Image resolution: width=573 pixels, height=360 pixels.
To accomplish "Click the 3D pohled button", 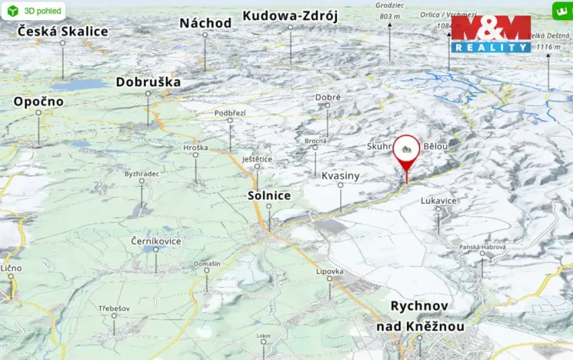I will pyautogui.click(x=32, y=12).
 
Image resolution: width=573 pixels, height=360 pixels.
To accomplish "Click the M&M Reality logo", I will pyautogui.click(x=491, y=34).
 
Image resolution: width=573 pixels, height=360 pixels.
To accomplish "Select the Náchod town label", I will pyautogui.click(x=205, y=23).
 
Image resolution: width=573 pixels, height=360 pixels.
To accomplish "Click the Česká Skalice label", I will pyautogui.click(x=63, y=32).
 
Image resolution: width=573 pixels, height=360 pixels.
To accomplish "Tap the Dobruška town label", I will pyautogui.click(x=148, y=82).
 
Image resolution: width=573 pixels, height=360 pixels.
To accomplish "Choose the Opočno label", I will pyautogui.click(x=38, y=102).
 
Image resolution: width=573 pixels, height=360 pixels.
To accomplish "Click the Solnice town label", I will pyautogui.click(x=269, y=195).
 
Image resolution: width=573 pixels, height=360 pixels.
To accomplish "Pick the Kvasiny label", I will pyautogui.click(x=340, y=176).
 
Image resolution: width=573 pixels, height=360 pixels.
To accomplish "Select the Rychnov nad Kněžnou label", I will pyautogui.click(x=419, y=316).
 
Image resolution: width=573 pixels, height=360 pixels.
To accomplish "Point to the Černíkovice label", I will pyautogui.click(x=156, y=241).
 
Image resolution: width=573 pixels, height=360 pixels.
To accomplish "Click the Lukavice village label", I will pyautogui.click(x=438, y=200).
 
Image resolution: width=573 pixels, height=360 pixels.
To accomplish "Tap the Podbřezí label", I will pyautogui.click(x=230, y=113).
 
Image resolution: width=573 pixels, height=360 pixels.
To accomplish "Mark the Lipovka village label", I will pyautogui.click(x=330, y=272).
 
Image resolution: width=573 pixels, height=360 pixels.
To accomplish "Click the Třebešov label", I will pyautogui.click(x=114, y=308).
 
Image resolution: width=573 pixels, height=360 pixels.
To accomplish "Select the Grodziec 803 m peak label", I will pyautogui.click(x=390, y=12).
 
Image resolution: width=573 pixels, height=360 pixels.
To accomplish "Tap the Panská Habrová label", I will pyautogui.click(x=482, y=246).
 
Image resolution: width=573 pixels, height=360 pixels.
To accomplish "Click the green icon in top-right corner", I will pyautogui.click(x=561, y=12).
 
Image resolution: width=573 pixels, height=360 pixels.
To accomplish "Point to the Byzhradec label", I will pyautogui.click(x=142, y=174).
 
